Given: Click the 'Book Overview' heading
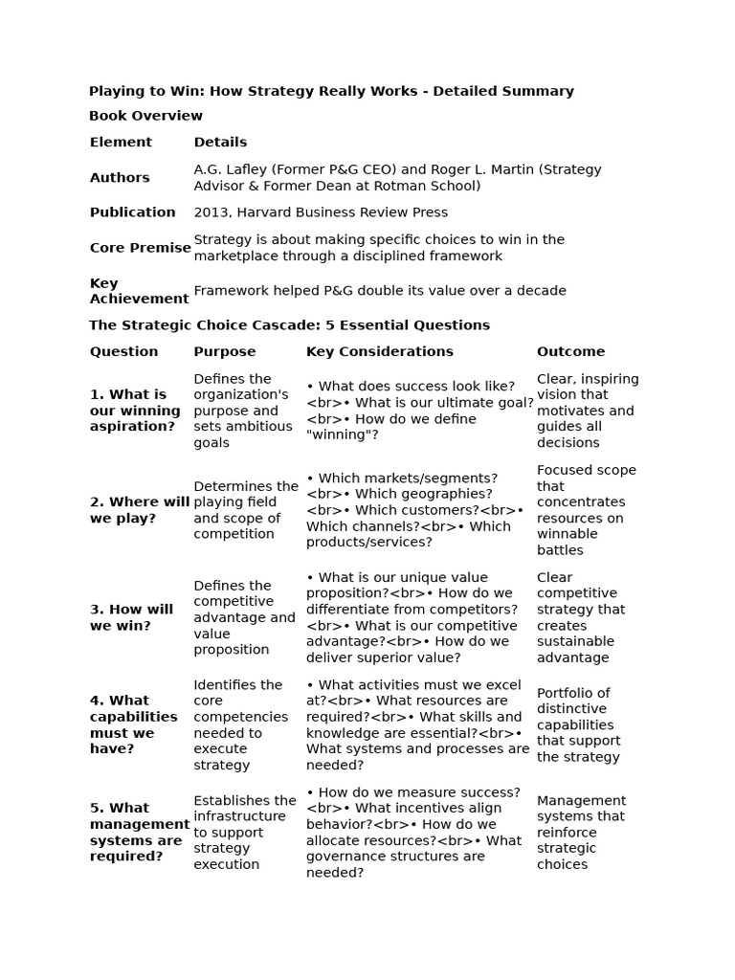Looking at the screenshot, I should pos(145,116).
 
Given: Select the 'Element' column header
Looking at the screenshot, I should pos(121,142).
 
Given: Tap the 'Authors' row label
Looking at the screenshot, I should pos(120,178).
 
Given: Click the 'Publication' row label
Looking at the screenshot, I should pos(133,212).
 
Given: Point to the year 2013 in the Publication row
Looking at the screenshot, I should pos(210,212).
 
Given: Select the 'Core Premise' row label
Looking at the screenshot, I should pos(140,248).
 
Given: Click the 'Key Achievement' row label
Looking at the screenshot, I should pos(139,291).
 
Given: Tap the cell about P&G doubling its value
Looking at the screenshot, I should pos(380,291).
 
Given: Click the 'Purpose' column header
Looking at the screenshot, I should pos(225,351).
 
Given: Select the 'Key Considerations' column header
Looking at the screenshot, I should pos(379,351).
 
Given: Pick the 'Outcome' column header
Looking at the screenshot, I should pos(570,351).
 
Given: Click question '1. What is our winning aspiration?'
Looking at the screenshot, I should pos(135,411).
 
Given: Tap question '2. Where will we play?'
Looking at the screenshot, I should pos(139,510).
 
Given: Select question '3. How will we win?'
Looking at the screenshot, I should pos(132,617).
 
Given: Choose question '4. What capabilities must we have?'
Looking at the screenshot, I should pos(133,724).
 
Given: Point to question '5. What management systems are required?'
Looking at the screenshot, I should pos(140,832).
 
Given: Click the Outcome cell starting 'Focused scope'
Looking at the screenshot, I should pos(586,510).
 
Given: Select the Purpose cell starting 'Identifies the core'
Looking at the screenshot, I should pos(240,724).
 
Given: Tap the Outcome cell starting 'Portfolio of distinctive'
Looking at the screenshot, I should pos(579,724).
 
